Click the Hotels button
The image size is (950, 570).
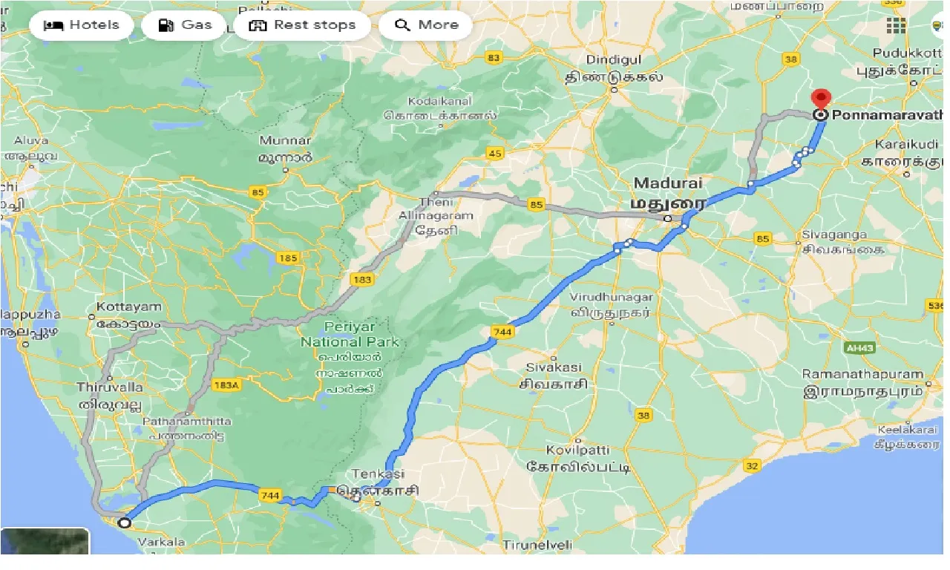[82, 25]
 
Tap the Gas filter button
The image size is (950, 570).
[186, 25]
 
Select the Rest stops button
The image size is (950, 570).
[302, 25]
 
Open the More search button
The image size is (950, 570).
[426, 25]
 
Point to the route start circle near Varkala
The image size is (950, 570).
[125, 522]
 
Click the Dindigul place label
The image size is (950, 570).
[612, 59]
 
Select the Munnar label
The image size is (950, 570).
[285, 140]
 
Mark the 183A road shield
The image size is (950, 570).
[226, 385]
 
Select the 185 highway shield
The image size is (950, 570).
[288, 258]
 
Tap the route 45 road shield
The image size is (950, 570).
[495, 154]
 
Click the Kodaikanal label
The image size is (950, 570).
[440, 101]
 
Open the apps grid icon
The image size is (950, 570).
[896, 25]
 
